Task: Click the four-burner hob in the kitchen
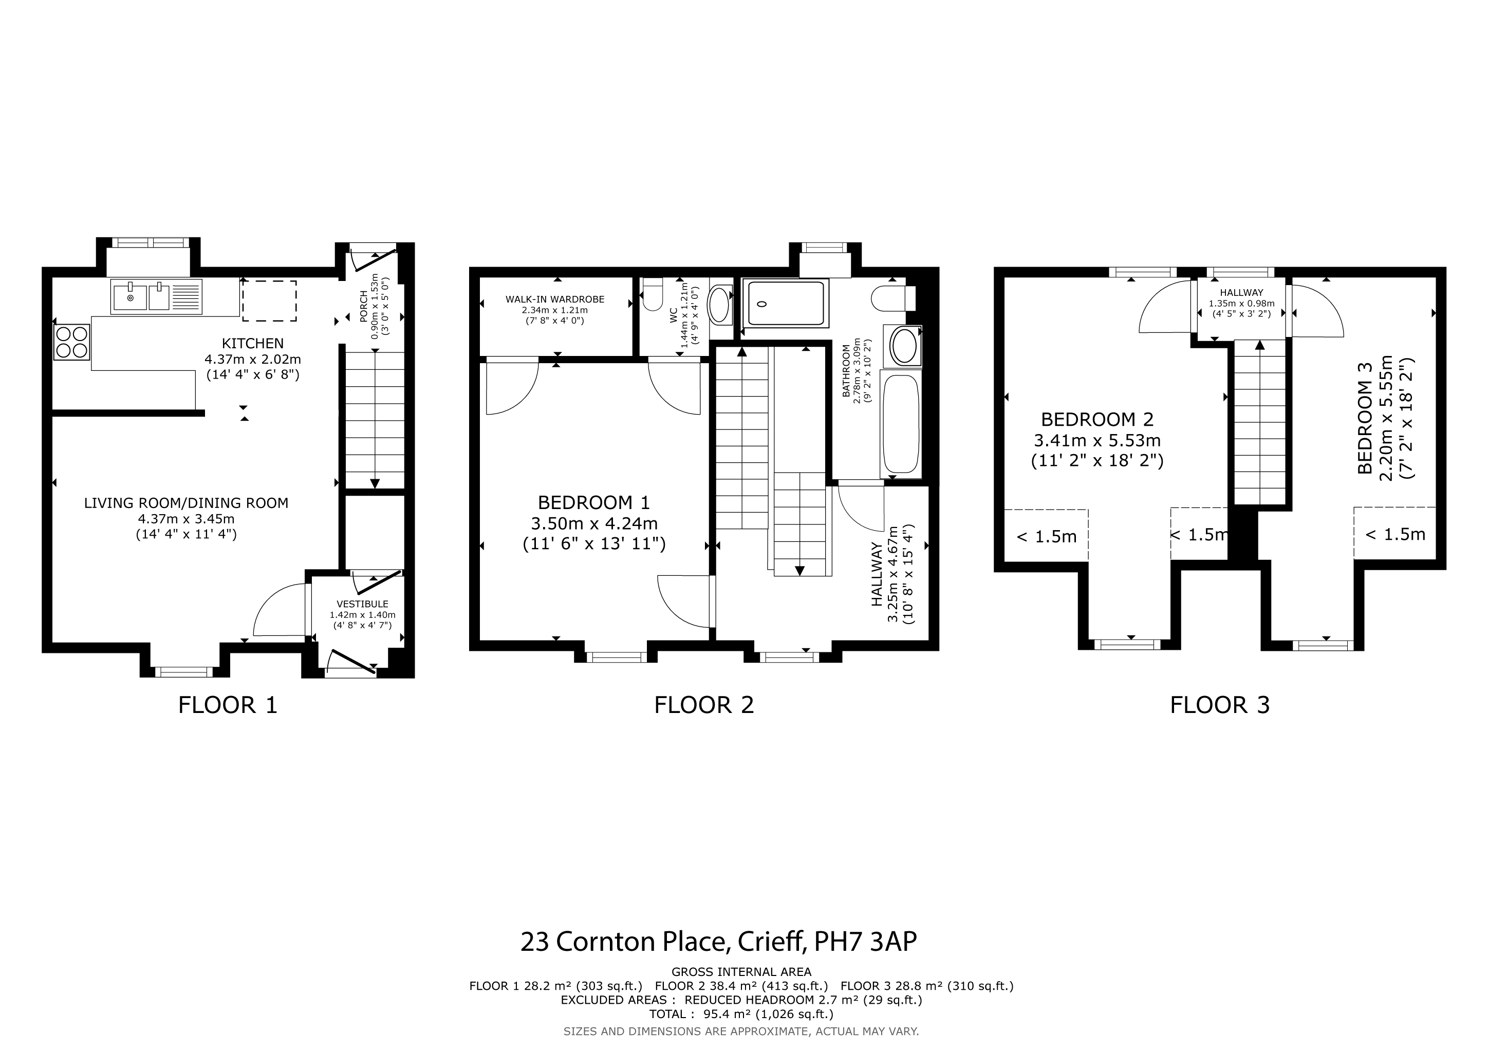(x=72, y=342)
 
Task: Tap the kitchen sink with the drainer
(x=156, y=297)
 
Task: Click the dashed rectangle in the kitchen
(x=269, y=300)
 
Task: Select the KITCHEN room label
(x=253, y=343)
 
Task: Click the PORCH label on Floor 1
(x=364, y=307)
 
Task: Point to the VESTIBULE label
(x=362, y=604)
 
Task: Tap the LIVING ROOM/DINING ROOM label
(x=186, y=503)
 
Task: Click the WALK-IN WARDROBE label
(x=555, y=299)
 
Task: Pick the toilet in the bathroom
(x=893, y=298)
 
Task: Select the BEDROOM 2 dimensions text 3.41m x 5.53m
(x=1097, y=441)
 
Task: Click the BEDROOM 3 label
(x=1365, y=427)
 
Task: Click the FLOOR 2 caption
(x=704, y=705)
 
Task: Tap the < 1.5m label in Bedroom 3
(x=1396, y=534)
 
